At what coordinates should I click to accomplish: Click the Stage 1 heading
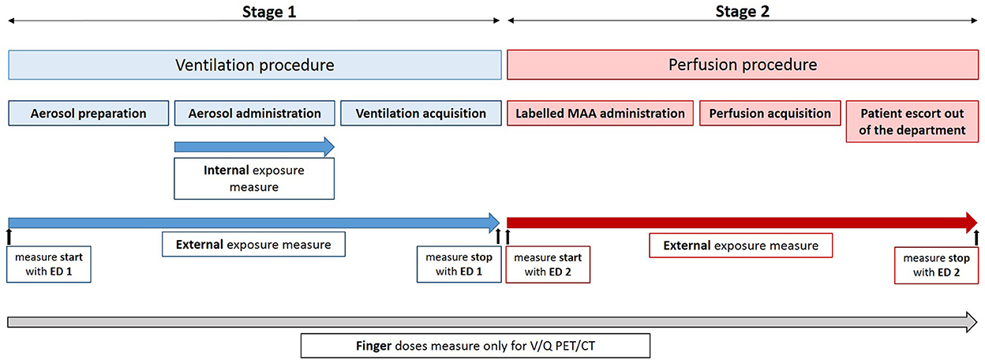[269, 11]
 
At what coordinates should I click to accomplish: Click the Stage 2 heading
[742, 11]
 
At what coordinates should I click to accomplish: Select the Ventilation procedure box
[255, 65]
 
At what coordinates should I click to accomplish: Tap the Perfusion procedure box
[743, 65]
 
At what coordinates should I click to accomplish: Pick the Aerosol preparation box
[88, 113]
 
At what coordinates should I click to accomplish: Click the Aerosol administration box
[255, 113]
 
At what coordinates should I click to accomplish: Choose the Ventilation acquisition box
[421, 113]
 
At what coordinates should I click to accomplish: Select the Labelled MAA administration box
[600, 113]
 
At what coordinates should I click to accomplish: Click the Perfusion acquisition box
[770, 113]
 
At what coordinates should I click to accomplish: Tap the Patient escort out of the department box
[912, 122]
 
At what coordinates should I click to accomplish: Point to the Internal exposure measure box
[254, 178]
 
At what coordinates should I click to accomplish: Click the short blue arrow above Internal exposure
[254, 147]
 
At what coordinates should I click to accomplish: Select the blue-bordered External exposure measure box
[253, 244]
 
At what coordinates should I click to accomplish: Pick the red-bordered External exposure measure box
[741, 246]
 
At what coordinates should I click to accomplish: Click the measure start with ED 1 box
[49, 264]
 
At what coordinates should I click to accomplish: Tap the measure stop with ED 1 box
[459, 264]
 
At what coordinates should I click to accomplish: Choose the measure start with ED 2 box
[548, 264]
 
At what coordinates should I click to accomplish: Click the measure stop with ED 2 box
[937, 265]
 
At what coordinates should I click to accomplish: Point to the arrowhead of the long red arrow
[971, 223]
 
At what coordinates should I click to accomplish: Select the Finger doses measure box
[475, 346]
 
